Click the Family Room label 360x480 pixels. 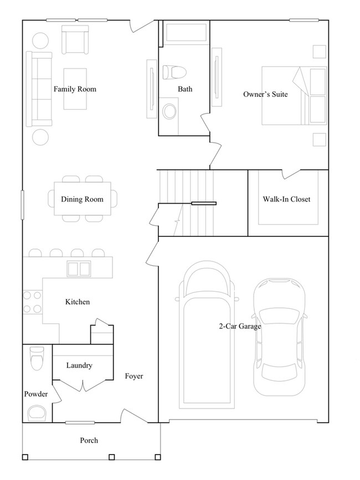[75, 89]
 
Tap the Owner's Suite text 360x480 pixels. [265, 95]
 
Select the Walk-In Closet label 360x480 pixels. [286, 199]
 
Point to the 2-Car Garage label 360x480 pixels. [239, 327]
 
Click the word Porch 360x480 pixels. [89, 441]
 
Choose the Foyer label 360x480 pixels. [133, 376]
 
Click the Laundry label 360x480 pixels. [79, 365]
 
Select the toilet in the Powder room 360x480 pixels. [37, 359]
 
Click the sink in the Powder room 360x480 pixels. [38, 412]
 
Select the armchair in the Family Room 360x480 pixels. [75, 40]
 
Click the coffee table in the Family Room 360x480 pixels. [75, 89]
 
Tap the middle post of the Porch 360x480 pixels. [111, 457]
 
